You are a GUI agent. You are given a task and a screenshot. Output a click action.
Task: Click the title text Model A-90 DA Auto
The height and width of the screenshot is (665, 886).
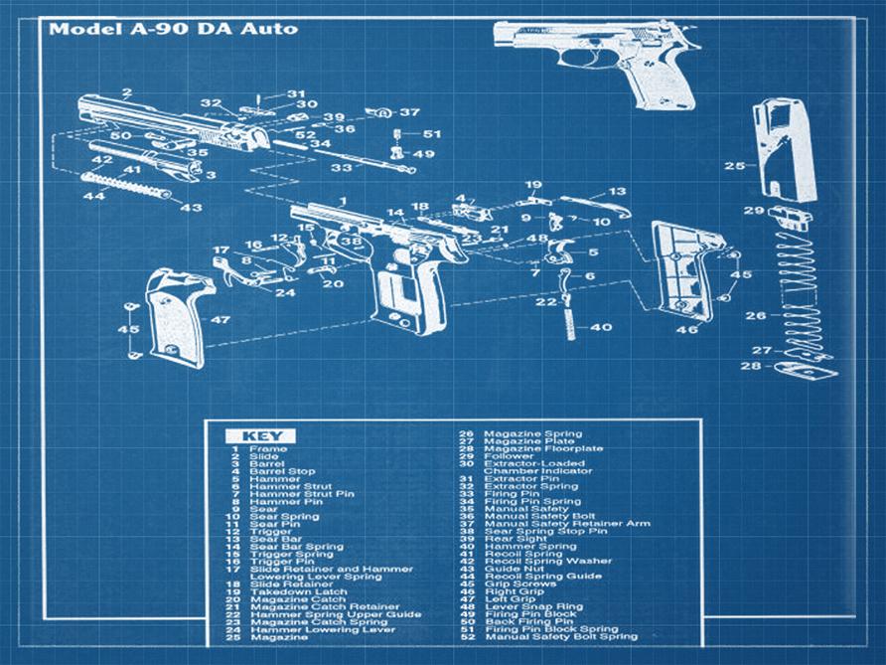[172, 28]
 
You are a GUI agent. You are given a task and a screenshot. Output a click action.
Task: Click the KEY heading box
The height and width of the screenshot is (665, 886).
[260, 435]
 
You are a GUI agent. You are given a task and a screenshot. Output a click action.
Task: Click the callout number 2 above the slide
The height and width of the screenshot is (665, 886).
[127, 92]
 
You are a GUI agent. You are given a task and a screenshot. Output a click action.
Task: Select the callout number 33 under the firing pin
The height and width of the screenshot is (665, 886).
[341, 169]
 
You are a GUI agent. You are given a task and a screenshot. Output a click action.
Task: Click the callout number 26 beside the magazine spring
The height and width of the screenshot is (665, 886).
[757, 316]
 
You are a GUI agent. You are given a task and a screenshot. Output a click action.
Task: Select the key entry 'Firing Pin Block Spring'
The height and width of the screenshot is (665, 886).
[550, 629]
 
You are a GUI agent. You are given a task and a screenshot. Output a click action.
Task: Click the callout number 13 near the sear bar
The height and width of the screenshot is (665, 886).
[617, 191]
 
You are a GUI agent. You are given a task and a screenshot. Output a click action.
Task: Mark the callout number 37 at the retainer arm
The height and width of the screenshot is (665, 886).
[410, 112]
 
